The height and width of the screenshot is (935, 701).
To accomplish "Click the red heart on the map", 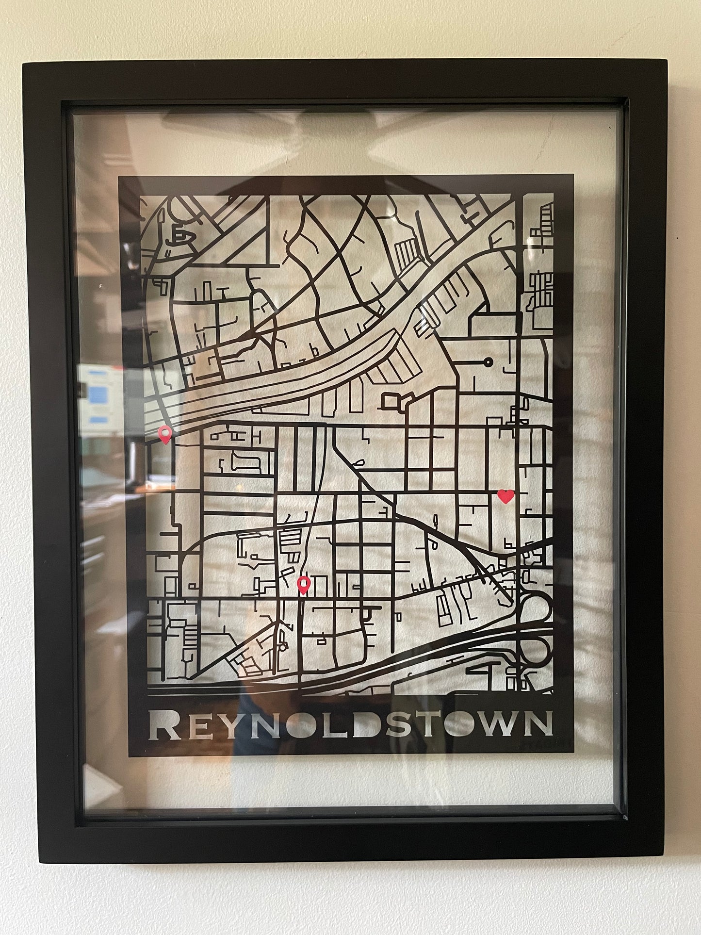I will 505,496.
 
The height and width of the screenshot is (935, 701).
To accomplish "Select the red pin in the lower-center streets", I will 304,585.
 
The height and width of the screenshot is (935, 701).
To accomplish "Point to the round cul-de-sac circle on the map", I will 488,361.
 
